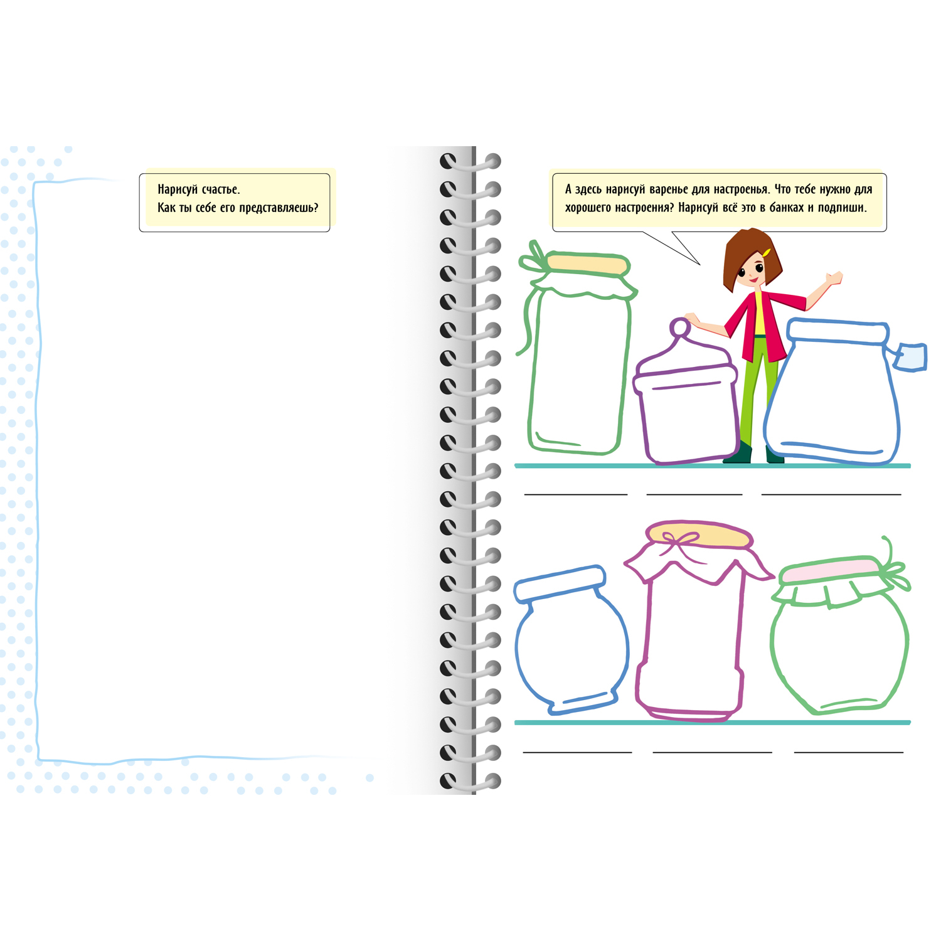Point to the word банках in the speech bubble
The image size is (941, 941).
787,208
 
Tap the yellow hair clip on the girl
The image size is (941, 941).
767,252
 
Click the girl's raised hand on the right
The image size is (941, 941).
834,277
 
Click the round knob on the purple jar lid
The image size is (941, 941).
679,327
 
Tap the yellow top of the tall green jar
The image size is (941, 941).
587,264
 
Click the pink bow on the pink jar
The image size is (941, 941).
681,540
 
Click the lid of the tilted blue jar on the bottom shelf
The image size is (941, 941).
560,583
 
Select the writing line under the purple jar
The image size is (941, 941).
694,495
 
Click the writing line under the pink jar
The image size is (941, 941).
712,752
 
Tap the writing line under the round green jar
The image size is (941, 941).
849,752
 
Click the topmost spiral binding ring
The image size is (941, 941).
470,162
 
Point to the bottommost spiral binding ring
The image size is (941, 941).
470,781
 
